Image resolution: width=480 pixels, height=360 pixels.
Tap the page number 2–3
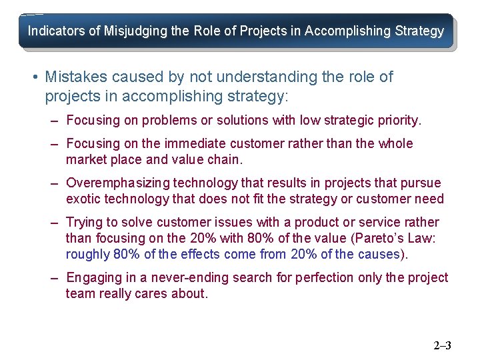442,345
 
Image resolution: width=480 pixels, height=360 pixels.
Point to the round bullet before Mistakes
34,77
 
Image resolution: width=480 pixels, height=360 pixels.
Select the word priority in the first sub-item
398,121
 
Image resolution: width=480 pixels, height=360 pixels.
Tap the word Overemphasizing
118,183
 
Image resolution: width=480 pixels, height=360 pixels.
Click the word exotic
83,199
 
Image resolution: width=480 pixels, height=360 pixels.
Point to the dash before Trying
53,223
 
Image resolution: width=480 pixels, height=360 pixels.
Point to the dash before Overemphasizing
53,183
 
